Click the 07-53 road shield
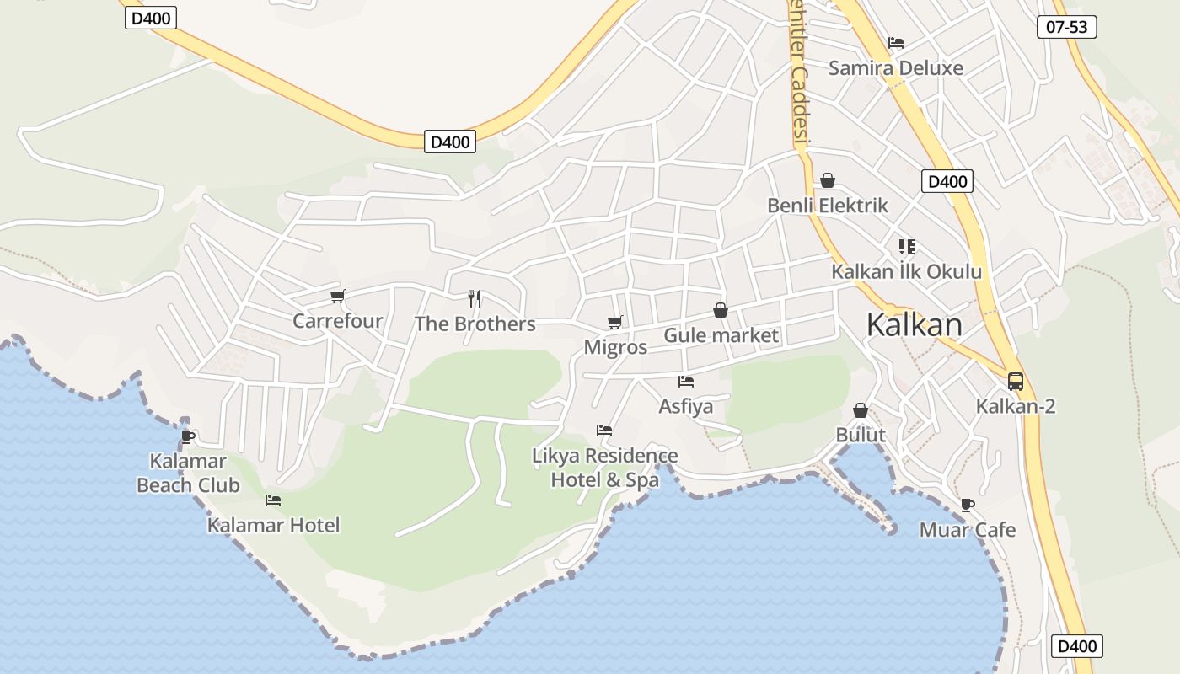[1066, 27]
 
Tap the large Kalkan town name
[914, 324]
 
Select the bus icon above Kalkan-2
[1016, 382]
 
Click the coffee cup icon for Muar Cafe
[967, 505]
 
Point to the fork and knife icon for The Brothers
[475, 298]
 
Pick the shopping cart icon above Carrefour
[338, 296]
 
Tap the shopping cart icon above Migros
[615, 322]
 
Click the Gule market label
[721, 335]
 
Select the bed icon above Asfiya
[686, 382]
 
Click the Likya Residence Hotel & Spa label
[605, 468]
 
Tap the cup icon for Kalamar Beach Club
[188, 436]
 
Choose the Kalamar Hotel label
[274, 526]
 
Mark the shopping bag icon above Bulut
[861, 410]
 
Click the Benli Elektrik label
[828, 205]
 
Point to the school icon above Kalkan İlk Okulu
[907, 247]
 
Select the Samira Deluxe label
[896, 68]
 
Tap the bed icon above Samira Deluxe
[896, 43]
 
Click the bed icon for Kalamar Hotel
[273, 500]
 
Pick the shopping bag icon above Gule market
[721, 311]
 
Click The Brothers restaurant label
[475, 324]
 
